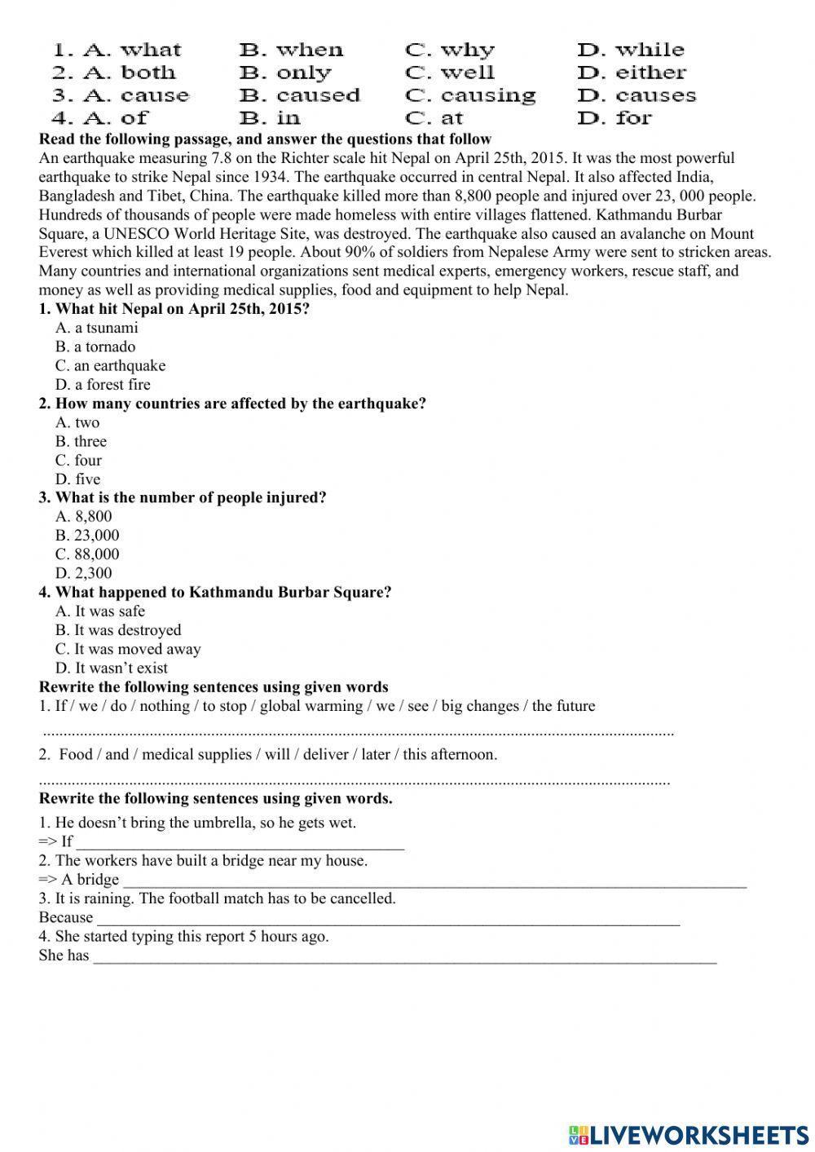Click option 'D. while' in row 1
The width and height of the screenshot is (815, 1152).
coord(631,51)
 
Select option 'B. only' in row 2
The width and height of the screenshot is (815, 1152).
coord(285,73)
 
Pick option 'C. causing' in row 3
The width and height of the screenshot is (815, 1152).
coord(470,96)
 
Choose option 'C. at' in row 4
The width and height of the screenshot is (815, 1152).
coord(434,118)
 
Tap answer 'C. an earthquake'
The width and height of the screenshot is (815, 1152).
coord(110,366)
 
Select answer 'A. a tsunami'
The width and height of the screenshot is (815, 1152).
coord(97,328)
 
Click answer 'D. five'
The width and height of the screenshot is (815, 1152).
coord(78,479)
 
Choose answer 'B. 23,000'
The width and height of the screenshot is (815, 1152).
coord(87,536)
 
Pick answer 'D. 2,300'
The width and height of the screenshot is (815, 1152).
coord(84,573)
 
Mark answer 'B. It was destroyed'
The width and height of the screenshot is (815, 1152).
coord(118,630)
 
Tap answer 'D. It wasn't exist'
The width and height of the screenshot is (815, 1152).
coord(112,669)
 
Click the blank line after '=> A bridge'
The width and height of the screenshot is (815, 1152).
coord(434,881)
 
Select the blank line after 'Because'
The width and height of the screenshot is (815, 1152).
coord(388,919)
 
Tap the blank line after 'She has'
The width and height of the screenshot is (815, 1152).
coord(404,956)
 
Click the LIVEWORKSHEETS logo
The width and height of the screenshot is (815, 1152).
coord(689,1135)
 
